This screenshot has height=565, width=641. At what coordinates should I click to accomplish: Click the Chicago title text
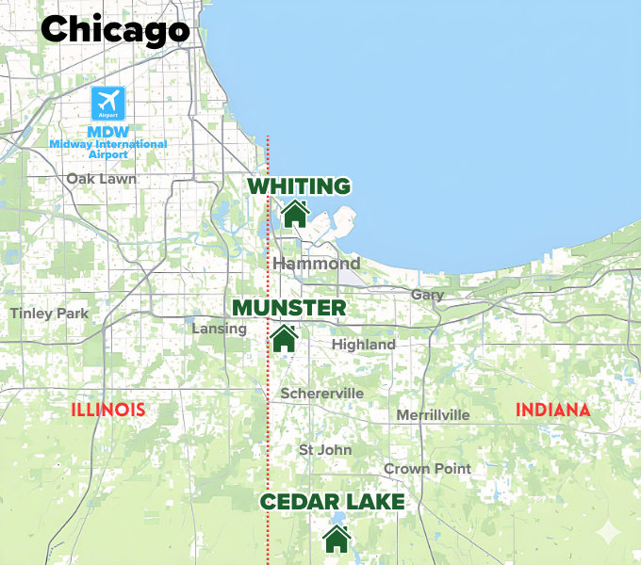[115, 29]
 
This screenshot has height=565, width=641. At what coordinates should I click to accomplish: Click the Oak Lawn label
[101, 178]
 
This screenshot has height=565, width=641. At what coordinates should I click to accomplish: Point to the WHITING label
[299, 186]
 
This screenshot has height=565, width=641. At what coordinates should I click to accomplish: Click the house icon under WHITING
[295, 214]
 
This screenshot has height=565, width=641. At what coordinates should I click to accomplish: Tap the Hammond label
[317, 264]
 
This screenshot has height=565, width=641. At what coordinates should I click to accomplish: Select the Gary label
[427, 295]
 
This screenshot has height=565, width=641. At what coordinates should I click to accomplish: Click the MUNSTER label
[288, 308]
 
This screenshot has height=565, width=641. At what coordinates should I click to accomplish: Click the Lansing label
[219, 329]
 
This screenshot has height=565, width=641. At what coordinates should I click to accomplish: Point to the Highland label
[363, 345]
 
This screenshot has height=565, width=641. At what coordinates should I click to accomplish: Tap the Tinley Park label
[49, 314]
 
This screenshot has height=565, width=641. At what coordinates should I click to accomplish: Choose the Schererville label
[321, 393]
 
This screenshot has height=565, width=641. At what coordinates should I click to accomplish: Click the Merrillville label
[433, 414]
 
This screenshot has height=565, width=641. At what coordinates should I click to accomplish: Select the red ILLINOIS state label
[108, 410]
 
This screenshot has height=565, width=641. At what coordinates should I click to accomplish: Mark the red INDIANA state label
[553, 410]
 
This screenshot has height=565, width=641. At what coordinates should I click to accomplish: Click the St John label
[325, 449]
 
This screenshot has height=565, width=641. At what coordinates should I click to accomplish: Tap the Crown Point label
[427, 469]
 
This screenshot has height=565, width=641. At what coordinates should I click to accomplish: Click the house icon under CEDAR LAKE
[336, 540]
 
